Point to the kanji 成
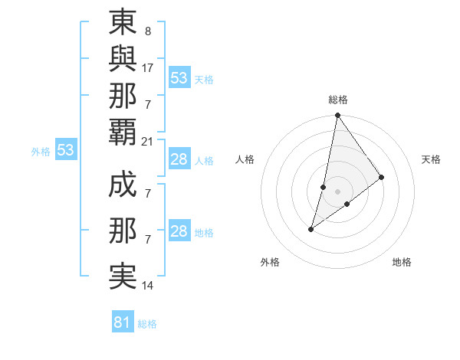pos(123,185)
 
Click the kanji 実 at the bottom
pos(123,276)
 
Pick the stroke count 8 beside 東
pos(147,33)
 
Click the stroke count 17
pos(148,67)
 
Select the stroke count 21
pos(148,141)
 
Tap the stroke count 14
pos(148,286)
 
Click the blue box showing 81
pos(123,322)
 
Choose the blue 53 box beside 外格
pos(66,150)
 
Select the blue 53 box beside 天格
pos(179,78)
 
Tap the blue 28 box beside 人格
pos(179,159)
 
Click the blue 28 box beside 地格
pos(179,231)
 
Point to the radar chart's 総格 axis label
pos(338,100)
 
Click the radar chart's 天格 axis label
pos(431,159)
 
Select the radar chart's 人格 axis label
pos(245,159)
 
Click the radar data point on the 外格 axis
pos(311,228)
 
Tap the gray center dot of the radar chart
pos(338,191)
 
